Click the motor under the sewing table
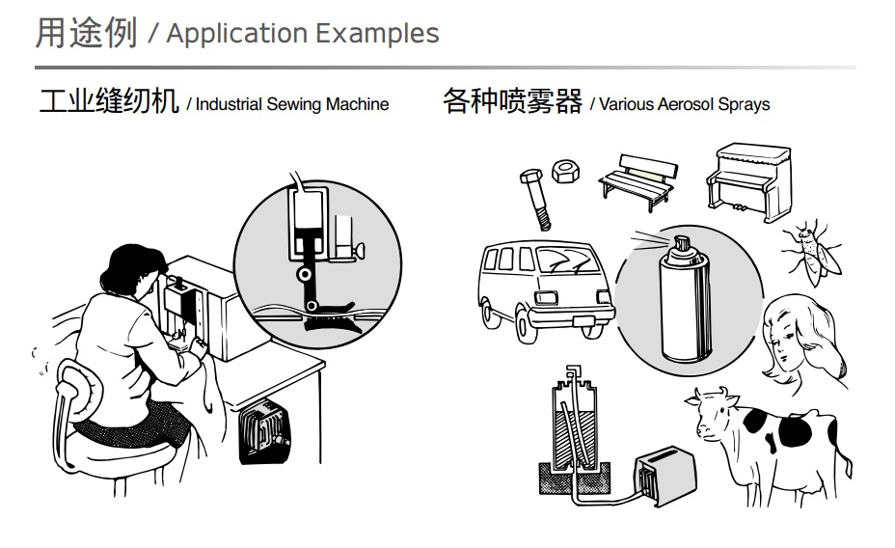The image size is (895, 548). tap(261, 430)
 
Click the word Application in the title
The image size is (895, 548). tap(236, 34)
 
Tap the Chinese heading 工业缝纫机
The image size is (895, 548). tap(108, 101)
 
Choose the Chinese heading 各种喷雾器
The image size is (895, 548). tap(512, 101)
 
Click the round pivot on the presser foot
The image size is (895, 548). tap(304, 276)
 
